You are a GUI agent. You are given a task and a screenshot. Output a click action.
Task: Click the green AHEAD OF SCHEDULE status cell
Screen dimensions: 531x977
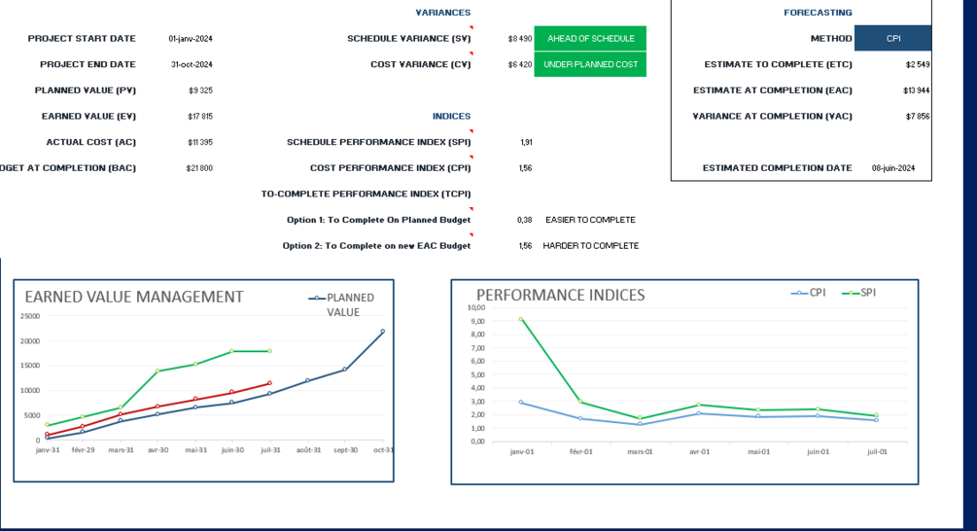coord(590,39)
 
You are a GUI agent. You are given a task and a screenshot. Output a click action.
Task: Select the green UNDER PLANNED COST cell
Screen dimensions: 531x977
coord(590,64)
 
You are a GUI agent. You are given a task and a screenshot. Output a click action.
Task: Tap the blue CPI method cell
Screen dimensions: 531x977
coord(892,39)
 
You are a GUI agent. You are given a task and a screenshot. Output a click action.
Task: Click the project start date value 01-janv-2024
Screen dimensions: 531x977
coord(190,39)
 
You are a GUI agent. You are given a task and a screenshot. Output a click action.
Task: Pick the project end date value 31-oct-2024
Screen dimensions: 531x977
coord(192,64)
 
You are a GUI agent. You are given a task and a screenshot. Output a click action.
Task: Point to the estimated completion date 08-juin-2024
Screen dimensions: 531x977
coord(893,168)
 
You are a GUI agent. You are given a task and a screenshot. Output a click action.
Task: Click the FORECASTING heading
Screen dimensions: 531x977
coord(818,13)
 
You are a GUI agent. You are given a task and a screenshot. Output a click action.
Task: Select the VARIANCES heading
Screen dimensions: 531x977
coord(442,13)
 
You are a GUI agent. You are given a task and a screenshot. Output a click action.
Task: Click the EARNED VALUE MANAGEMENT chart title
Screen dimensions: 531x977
coord(134,297)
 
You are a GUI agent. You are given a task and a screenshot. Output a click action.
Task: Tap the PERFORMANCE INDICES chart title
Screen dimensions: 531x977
coord(560,295)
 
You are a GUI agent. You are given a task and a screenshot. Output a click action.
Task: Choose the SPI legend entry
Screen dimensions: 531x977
coord(867,292)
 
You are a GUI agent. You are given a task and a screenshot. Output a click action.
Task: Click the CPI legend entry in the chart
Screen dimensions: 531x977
coord(817,292)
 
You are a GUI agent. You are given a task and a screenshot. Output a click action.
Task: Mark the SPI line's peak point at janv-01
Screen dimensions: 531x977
coord(520,319)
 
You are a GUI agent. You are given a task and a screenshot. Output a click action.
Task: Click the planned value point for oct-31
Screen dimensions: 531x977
coord(382,332)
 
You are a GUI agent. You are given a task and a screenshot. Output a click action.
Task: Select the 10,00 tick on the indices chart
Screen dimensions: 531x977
coord(476,307)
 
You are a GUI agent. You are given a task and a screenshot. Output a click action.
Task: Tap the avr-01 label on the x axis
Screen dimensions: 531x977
coord(699,451)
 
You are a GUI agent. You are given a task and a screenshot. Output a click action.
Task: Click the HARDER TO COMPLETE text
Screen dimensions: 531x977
coord(590,246)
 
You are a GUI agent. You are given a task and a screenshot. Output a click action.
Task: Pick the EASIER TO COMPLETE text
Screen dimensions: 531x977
coord(590,220)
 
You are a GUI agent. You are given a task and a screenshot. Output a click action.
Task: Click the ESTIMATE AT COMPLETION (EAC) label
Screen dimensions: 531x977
coord(772,90)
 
